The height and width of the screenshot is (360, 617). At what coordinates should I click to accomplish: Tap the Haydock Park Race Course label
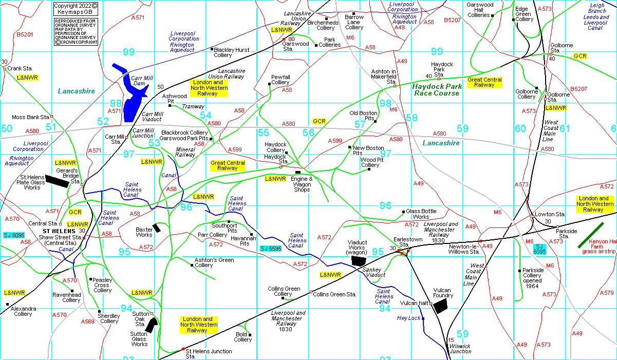click(436, 90)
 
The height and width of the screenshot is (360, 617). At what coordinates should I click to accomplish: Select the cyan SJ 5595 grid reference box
click(271, 249)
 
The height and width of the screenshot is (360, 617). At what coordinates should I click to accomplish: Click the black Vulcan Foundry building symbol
click(441, 307)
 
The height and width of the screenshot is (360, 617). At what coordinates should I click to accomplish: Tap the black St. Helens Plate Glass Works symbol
click(57, 182)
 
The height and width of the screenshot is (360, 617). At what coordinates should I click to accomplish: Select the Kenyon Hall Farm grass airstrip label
click(599, 246)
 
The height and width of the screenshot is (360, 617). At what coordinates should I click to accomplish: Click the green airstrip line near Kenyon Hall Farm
click(591, 235)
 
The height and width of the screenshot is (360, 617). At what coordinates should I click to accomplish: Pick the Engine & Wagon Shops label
click(302, 184)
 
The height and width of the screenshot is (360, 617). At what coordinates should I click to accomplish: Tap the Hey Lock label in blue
click(408, 318)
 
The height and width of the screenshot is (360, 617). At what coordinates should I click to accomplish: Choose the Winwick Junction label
click(460, 349)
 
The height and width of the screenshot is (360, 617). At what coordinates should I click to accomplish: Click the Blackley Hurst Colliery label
click(231, 52)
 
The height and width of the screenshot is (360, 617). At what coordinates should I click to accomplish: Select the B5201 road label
click(24, 34)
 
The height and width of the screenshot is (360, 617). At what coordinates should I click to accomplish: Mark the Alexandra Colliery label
click(24, 311)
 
